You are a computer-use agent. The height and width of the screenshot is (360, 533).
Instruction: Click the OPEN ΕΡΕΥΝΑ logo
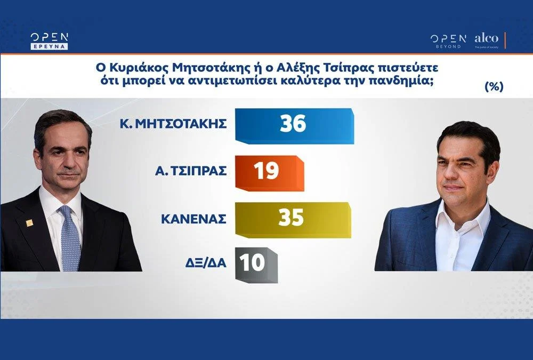pos(49,41)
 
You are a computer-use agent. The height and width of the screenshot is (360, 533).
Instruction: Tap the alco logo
pos(486,39)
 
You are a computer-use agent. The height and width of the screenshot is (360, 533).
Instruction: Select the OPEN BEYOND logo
pos(447,41)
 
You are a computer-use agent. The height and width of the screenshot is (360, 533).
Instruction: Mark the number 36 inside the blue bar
pos(293,124)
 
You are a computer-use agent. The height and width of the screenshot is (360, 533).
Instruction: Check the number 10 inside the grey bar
pos(252,263)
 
